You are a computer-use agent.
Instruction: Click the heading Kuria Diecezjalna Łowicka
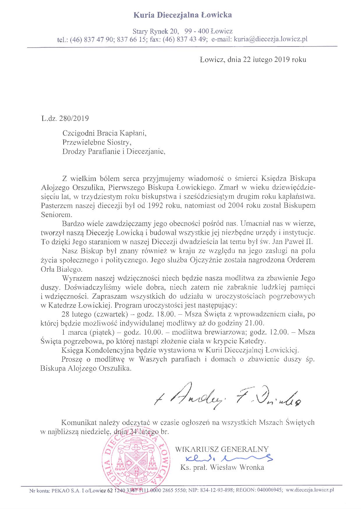[183, 15]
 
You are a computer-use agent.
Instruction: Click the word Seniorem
[55, 215]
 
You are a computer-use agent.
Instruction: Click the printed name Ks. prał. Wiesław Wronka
[222, 467]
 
